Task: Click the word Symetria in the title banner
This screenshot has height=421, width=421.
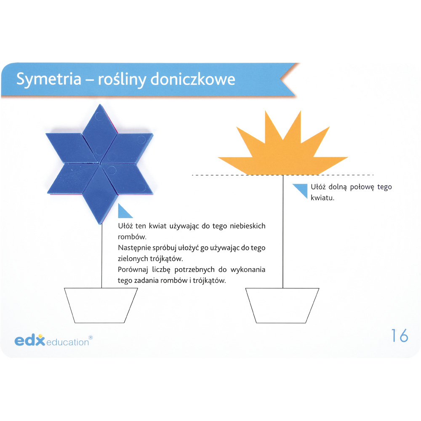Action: [x=48, y=80]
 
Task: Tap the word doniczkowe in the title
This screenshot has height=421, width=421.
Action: [x=192, y=79]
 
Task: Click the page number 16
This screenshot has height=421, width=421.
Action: [x=400, y=336]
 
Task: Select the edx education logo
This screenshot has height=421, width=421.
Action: [x=53, y=341]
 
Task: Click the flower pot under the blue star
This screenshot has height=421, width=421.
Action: [x=101, y=305]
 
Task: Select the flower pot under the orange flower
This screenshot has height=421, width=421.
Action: [x=282, y=305]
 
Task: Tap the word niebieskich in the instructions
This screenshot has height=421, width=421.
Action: [x=247, y=226]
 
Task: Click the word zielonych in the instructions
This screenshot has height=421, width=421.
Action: [x=133, y=258]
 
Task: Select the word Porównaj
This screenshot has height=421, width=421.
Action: [x=133, y=270]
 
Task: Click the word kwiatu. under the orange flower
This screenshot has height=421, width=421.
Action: [x=322, y=198]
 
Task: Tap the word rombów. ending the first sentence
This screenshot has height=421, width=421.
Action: [x=132, y=237]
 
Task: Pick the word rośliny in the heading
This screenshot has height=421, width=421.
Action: [x=122, y=80]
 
